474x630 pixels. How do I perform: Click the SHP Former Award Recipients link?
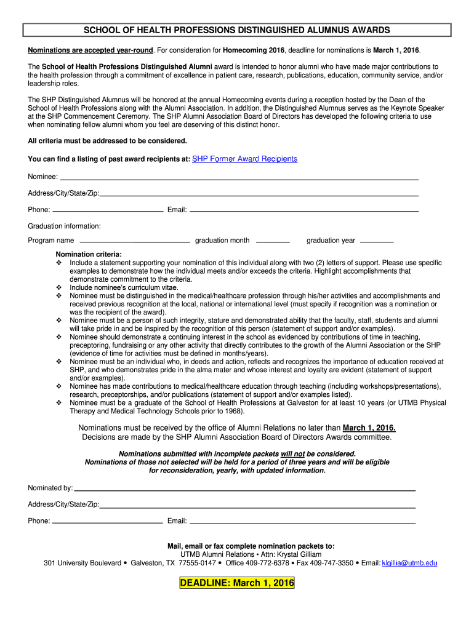(x=245, y=159)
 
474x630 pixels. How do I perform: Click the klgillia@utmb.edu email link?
(x=409, y=563)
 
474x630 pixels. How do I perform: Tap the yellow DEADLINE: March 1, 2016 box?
(x=237, y=583)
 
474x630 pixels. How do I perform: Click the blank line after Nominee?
(x=239, y=178)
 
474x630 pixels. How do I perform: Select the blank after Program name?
(x=135, y=241)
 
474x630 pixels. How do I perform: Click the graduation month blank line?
(x=272, y=241)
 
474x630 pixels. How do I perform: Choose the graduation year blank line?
(x=376, y=241)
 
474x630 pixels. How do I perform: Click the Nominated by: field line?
(x=244, y=490)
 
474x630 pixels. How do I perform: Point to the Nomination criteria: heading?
(x=89, y=254)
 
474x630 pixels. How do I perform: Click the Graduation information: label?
(x=64, y=226)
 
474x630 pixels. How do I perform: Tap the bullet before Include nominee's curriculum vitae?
(x=59, y=287)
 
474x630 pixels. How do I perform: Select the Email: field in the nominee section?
(x=303, y=211)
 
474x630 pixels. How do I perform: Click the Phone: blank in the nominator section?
(x=107, y=522)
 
